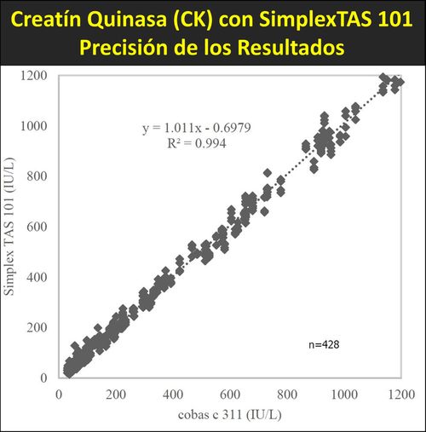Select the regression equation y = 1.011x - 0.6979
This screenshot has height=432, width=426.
click(196, 128)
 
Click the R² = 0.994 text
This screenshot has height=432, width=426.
click(196, 143)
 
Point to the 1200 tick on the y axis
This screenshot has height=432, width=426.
click(36, 76)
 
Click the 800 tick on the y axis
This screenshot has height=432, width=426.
click(39, 176)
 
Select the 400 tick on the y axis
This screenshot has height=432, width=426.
click(39, 277)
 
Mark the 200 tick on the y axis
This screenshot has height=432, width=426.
click(39, 327)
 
